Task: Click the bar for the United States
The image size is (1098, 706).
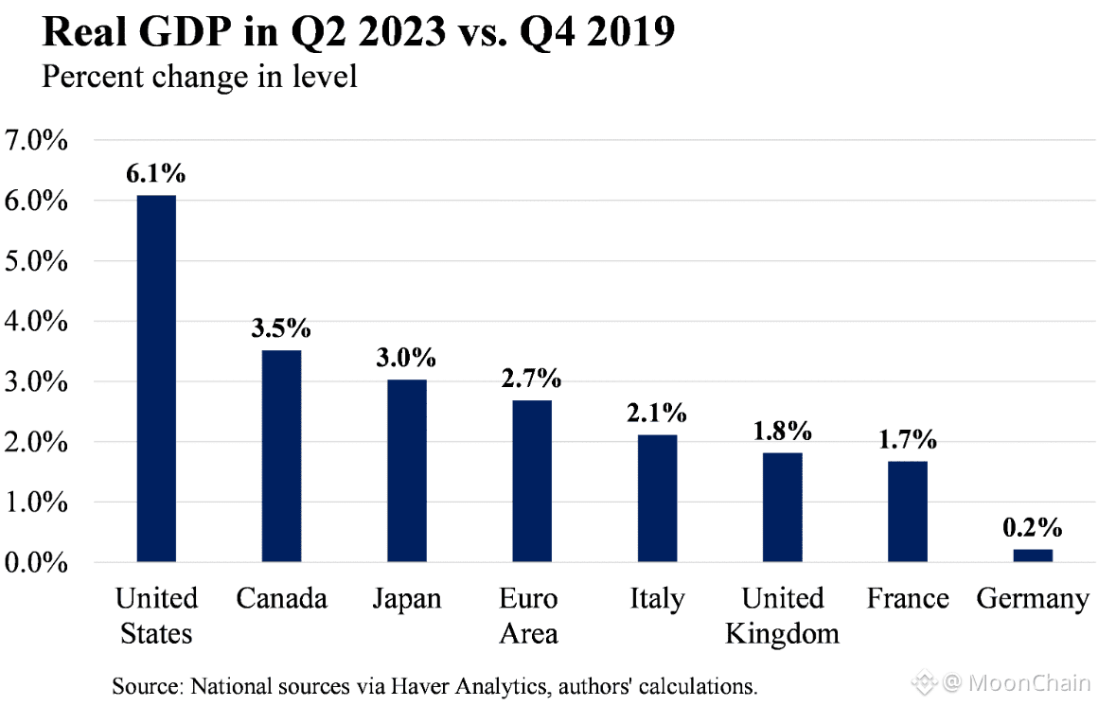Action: coord(156,379)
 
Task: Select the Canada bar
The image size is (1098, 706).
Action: coord(281,456)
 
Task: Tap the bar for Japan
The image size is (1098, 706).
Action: coord(406,471)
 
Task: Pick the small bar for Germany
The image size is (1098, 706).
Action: coord(1032,556)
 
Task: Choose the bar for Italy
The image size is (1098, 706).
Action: coord(657,499)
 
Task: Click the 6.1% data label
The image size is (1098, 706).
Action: coord(156,174)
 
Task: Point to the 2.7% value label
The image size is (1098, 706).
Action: coord(531,379)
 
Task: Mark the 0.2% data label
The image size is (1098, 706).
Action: coord(1032,527)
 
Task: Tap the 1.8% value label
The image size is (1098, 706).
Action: coord(782,432)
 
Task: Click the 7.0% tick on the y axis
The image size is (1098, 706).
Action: coord(37,141)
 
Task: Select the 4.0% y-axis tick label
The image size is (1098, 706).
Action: coord(37,322)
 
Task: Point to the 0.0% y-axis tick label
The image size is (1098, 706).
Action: coord(37,563)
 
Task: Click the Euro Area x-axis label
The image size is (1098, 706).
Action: coord(529,615)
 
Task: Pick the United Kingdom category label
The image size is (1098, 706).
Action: coord(782,615)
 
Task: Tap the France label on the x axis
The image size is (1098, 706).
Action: coord(908,599)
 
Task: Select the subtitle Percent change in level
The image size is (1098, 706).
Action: coord(199,76)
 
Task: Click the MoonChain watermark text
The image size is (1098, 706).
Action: coord(1031,681)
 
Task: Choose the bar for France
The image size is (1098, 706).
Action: coord(908,512)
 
